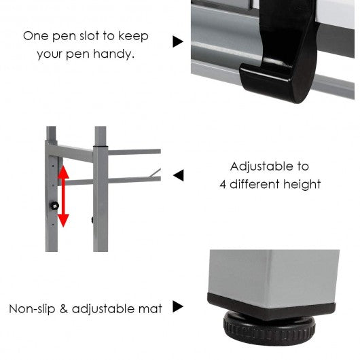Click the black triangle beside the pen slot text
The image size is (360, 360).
point(177,41)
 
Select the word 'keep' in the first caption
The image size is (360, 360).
point(133,36)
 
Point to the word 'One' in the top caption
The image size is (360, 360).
point(35,36)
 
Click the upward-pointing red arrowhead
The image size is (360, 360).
point(63,173)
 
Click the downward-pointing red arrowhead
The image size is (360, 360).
point(63,220)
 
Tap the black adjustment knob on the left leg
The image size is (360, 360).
point(54,206)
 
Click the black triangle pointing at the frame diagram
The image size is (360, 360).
point(179,175)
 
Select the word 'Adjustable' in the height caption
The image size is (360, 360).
point(262,167)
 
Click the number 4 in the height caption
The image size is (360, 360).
point(223,185)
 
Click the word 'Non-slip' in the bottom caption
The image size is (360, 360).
point(32,309)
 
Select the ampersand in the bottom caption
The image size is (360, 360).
point(64,309)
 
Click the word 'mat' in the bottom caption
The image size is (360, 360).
point(150,309)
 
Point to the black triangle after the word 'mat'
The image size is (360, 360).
point(178,306)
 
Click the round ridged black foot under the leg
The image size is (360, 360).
point(269,328)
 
